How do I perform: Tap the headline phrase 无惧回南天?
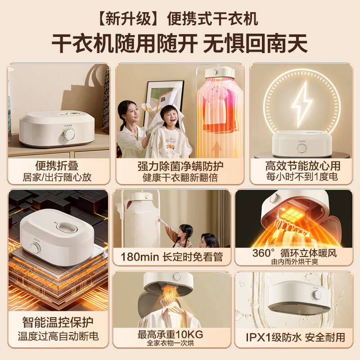click(256, 44)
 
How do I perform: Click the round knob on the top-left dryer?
click(70, 135)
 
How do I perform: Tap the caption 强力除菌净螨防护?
click(180, 166)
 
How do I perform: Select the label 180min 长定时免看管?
click(171, 257)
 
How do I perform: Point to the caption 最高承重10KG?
click(171, 334)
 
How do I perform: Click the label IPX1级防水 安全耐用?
click(296, 337)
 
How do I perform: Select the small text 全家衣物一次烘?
click(171, 343)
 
